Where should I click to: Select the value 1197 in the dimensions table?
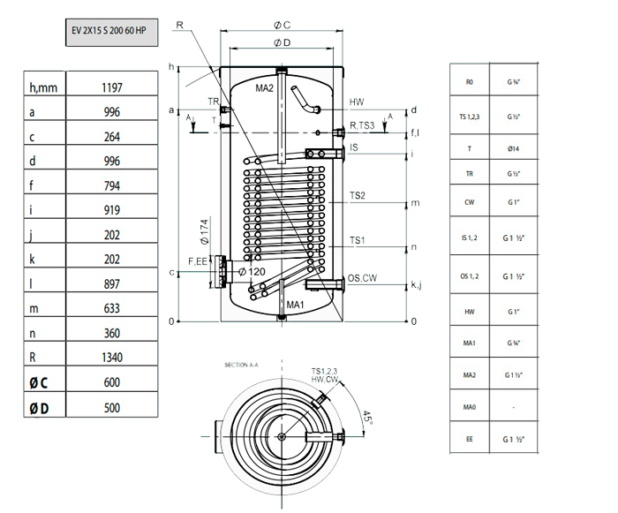(112, 87)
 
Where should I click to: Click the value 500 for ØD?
(112, 407)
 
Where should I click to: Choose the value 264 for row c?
(112, 137)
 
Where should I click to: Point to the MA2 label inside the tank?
(266, 88)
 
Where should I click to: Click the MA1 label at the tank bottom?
(295, 305)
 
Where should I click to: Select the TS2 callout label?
(358, 195)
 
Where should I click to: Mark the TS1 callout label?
(358, 240)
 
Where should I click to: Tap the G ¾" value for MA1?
(513, 343)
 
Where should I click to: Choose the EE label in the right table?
(470, 437)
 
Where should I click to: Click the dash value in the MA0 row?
(513, 405)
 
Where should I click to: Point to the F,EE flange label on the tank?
(197, 261)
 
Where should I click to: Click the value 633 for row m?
(112, 308)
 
